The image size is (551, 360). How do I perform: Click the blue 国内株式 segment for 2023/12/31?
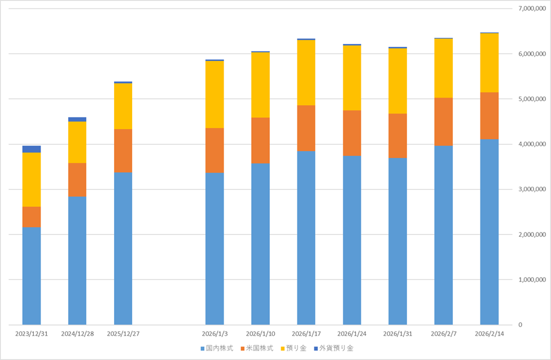(32, 276)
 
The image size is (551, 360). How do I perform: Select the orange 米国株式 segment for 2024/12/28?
(77, 179)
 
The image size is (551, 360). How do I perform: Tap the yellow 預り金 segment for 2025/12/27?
(123, 106)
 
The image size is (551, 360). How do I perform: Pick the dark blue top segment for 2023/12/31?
(32, 149)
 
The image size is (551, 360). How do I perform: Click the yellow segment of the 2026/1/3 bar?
(215, 94)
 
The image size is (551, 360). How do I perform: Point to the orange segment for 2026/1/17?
(306, 128)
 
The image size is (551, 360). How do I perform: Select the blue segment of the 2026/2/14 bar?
(489, 232)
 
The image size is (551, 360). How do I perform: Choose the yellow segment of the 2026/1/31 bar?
(398, 81)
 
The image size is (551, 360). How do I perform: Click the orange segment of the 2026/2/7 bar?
(444, 121)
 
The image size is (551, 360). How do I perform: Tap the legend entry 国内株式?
(217, 348)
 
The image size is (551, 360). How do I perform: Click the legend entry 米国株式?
(257, 348)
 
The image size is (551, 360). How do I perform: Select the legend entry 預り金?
(294, 348)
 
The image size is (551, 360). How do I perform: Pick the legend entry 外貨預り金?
(334, 348)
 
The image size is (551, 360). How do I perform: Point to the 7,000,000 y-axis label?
(532, 8)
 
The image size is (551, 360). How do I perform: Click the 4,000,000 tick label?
(532, 144)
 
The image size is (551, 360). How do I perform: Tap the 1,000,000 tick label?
(532, 279)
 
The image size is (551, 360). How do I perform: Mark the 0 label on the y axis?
(521, 325)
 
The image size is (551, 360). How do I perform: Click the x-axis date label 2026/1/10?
(260, 333)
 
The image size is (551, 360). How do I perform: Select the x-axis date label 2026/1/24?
(352, 333)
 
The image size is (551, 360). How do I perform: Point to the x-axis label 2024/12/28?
(77, 333)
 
